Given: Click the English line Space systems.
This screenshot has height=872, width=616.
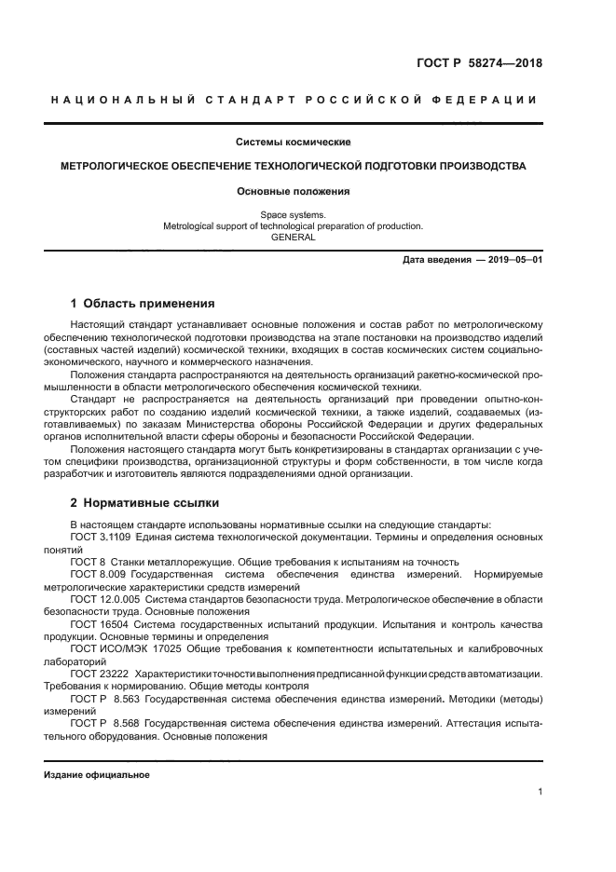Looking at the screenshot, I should click(293, 214).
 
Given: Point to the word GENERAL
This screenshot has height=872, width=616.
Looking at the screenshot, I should click(293, 237).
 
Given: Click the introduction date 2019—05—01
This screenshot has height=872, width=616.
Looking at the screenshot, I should click(510, 260).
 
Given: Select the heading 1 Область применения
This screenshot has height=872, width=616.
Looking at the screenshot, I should click(143, 304).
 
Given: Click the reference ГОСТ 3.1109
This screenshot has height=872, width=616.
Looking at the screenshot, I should click(101, 538).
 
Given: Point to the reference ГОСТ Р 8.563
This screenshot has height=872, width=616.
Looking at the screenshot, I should click(103, 697).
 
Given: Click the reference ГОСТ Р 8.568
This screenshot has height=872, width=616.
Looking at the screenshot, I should click(103, 721).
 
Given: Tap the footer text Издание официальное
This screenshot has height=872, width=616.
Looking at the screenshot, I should click(96, 774).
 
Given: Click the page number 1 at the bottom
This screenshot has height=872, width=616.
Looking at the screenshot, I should click(540, 792).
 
